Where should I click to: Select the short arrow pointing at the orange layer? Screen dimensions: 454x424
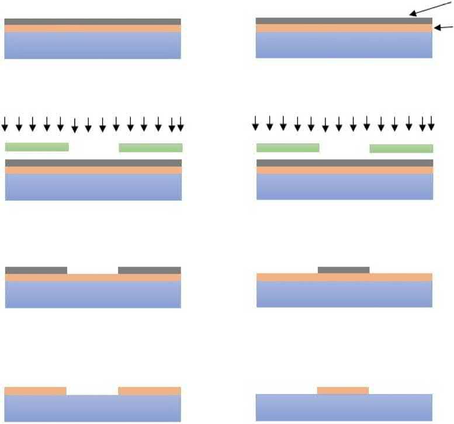click(444, 27)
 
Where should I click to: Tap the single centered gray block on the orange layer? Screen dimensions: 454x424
click(344, 270)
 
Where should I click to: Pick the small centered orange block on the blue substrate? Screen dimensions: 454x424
click(343, 390)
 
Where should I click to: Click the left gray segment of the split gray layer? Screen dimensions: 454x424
click(36, 270)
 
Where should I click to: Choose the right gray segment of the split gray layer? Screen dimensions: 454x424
click(150, 270)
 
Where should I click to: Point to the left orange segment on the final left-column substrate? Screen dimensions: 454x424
click(36, 391)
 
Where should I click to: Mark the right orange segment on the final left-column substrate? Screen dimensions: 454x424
click(150, 391)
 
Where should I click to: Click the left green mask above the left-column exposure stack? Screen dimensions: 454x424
click(37, 147)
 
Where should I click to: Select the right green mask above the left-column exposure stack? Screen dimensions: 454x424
click(151, 147)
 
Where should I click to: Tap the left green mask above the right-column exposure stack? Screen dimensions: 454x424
click(288, 147)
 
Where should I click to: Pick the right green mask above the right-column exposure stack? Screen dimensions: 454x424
click(401, 148)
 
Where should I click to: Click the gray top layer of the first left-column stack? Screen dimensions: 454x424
click(92, 22)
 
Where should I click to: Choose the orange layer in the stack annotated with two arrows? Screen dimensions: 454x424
click(344, 28)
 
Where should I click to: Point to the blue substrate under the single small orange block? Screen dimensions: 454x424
click(344, 408)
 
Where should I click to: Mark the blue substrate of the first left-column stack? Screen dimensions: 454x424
click(92, 45)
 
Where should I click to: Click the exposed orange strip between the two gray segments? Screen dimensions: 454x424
click(93, 276)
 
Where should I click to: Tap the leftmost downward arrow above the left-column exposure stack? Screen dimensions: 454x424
click(5, 123)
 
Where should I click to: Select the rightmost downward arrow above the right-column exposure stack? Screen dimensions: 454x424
click(431, 123)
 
